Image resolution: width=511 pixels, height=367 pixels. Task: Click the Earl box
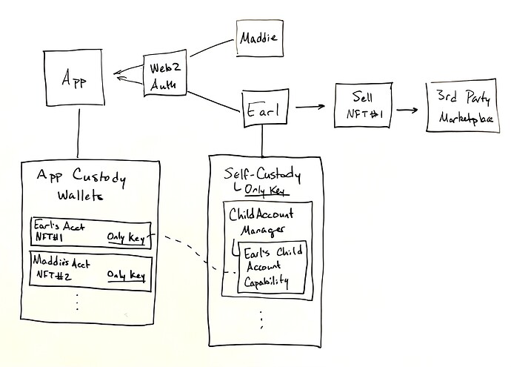click(x=263, y=111)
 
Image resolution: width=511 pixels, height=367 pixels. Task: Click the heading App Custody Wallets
click(x=81, y=186)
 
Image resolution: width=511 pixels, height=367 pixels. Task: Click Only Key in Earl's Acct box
click(x=124, y=237)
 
